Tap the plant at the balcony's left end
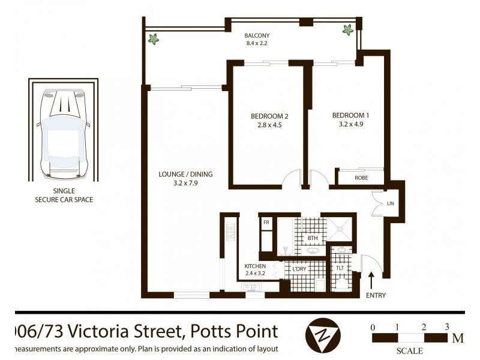tap(155, 39)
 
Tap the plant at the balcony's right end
tap(347, 29)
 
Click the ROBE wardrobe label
tap(360, 178)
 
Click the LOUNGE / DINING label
tap(185, 175)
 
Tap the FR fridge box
tap(266, 222)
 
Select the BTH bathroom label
tap(313, 238)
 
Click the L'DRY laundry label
tap(299, 269)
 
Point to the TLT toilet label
tap(340, 268)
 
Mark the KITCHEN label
tap(255, 266)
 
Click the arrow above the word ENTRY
tap(370, 280)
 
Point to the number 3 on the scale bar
tap(447, 328)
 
